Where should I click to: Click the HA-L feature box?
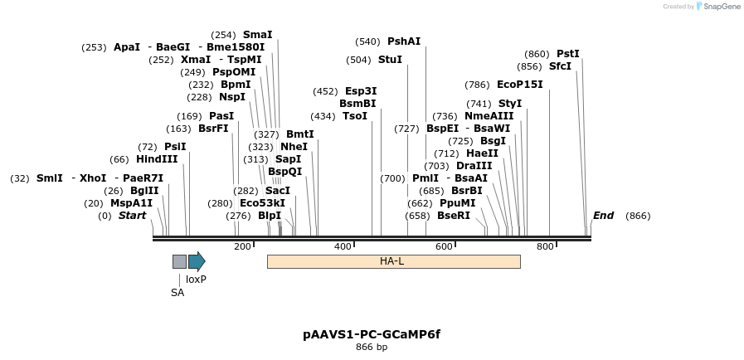[393, 261]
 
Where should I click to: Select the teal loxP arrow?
[197, 261]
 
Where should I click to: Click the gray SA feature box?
[179, 261]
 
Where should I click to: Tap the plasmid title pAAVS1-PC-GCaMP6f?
[372, 334]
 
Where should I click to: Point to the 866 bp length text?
[372, 347]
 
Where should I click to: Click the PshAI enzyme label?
[404, 41]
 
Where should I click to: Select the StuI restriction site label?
[390, 60]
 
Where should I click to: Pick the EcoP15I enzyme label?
[520, 85]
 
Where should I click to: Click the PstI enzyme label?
[568, 54]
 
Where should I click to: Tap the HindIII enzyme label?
[157, 159]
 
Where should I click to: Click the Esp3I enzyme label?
[361, 91]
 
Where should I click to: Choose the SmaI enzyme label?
[257, 35]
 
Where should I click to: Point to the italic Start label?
[132, 216]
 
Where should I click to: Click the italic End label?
[603, 216]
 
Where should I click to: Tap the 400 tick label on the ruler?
[343, 246]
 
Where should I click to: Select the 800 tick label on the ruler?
[545, 246]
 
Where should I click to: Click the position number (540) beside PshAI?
[367, 41]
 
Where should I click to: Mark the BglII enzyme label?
[143, 191]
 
